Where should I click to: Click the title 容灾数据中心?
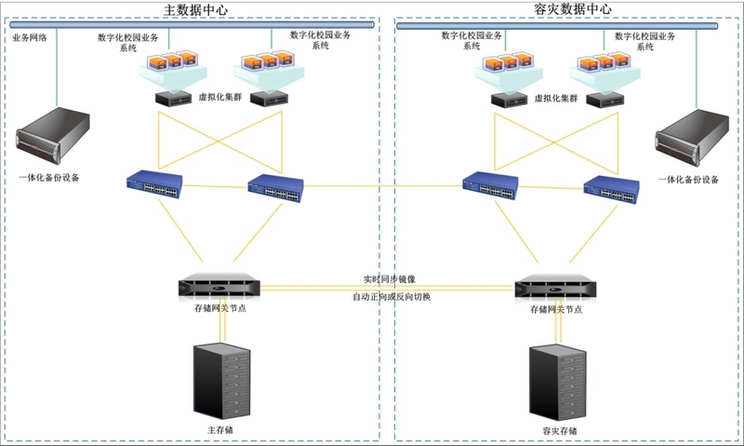[574, 8]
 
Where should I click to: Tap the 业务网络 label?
[30, 38]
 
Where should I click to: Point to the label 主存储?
[219, 431]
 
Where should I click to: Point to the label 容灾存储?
[559, 431]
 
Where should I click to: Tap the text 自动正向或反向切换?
[391, 297]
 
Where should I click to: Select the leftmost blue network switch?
[154, 183]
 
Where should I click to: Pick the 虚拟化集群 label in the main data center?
[219, 97]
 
